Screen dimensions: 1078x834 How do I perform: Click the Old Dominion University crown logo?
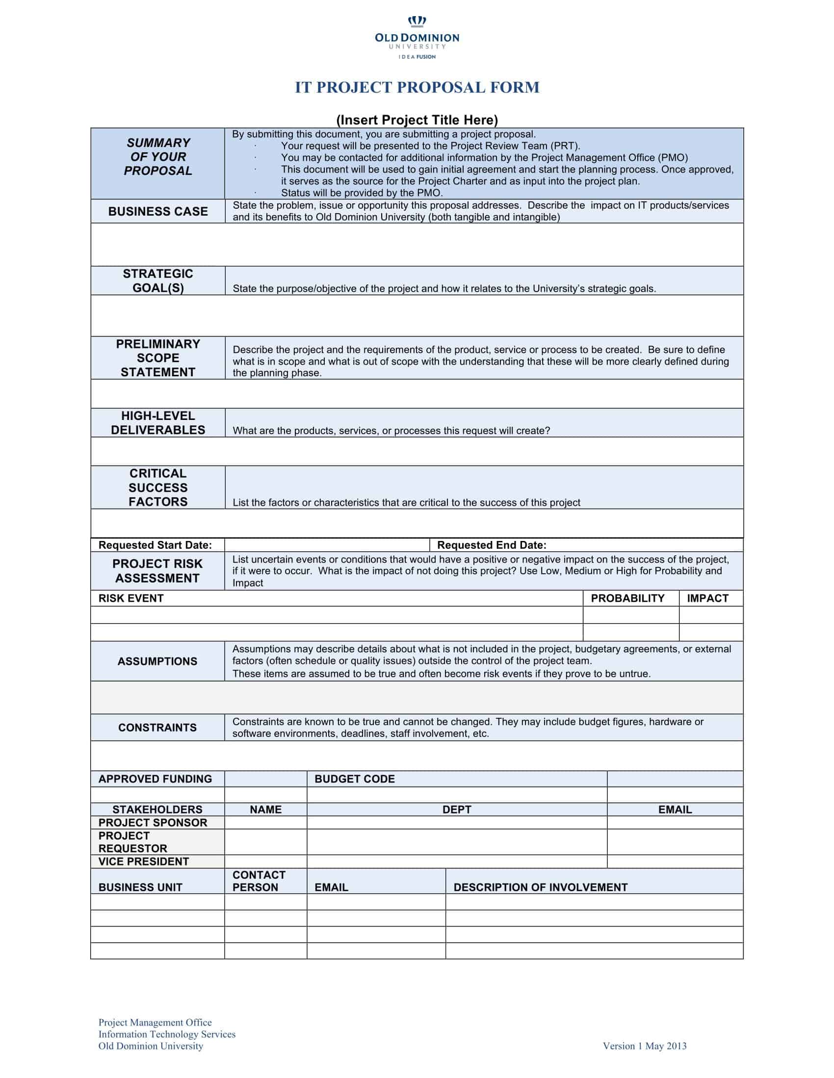pos(417,22)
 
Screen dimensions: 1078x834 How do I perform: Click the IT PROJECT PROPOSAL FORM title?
pos(417,87)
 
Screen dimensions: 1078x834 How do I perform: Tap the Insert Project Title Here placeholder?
pos(417,120)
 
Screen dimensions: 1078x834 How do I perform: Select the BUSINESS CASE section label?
pos(157,211)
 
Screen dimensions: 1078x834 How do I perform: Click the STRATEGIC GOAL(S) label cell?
pos(157,281)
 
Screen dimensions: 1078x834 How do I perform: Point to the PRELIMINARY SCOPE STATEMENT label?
pos(157,358)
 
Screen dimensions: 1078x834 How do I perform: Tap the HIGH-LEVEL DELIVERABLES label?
pos(157,423)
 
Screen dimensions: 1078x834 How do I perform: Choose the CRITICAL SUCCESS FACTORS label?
pos(157,488)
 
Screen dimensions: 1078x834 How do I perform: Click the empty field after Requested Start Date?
pos(327,545)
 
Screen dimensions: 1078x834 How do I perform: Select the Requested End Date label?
pos(492,545)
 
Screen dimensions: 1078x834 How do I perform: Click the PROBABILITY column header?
pos(627,598)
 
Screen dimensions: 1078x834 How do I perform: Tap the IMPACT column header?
pos(707,598)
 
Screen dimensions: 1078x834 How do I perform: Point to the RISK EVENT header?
pos(131,598)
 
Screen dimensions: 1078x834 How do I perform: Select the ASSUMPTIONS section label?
pos(157,661)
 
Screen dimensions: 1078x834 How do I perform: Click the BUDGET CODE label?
pos(354,779)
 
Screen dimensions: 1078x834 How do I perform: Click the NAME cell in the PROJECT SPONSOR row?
pos(265,823)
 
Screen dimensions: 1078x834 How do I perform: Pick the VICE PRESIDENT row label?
pos(143,861)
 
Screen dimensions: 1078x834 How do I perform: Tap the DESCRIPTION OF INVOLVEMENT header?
pos(540,887)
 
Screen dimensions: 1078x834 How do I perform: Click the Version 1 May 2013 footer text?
pos(644,1046)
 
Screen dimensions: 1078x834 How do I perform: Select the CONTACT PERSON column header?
pos(259,881)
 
